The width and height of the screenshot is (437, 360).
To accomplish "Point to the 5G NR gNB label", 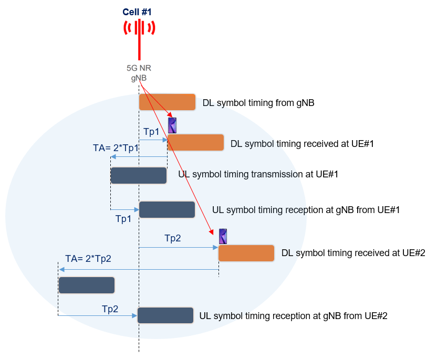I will [139, 72].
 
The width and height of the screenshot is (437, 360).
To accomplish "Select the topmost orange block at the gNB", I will [167, 102].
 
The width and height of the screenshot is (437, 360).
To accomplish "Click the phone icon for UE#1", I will [172, 125].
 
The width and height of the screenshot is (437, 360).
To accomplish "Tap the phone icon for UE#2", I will [223, 237].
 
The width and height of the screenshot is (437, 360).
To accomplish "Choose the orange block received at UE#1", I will [195, 143].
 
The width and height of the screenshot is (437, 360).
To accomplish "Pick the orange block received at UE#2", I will [246, 253].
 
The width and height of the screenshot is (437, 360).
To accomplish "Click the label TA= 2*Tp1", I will [116, 148].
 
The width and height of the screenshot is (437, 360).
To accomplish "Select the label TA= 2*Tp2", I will [88, 259].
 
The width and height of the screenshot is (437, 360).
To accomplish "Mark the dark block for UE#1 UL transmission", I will [139, 175].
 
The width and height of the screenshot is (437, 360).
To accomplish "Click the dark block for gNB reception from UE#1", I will [167, 209].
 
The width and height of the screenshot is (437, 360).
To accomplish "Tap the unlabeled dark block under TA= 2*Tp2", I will [87, 285].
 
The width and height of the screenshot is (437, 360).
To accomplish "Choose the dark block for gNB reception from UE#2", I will [165, 315].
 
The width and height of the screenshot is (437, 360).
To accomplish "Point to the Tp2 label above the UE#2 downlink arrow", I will [172, 238].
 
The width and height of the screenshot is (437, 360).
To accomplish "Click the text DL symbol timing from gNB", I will [258, 103].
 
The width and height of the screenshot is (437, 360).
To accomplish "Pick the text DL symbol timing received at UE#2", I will [353, 253].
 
